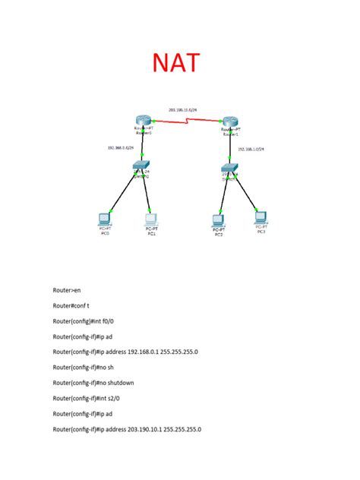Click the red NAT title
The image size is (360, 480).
[x=179, y=63]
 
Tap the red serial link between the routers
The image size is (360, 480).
[x=186, y=122]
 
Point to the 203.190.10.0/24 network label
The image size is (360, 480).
[x=182, y=110]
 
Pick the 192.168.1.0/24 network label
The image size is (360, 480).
[x=251, y=150]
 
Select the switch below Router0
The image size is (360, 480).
[x=141, y=166]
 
